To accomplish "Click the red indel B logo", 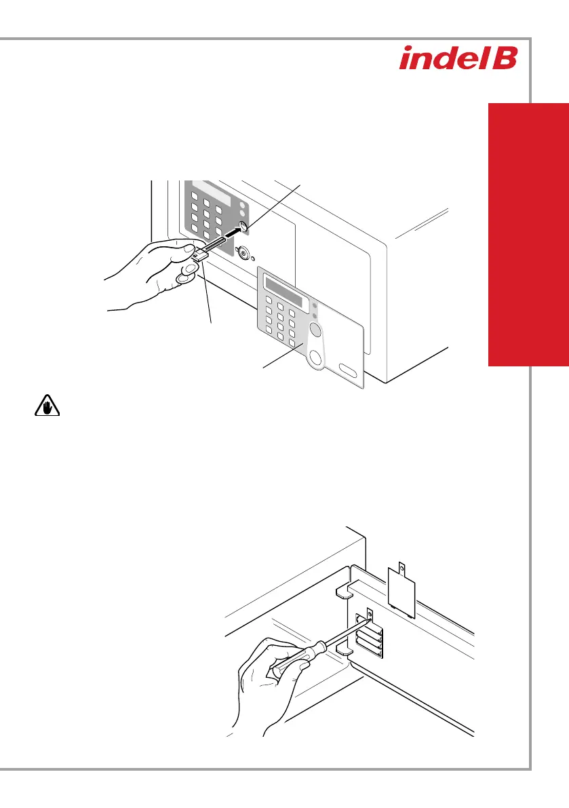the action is pyautogui.click(x=458, y=58).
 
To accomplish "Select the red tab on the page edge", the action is pyautogui.click(x=528, y=234).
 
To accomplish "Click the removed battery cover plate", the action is pyautogui.click(x=401, y=587).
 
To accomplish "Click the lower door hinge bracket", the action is pyautogui.click(x=342, y=650).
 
